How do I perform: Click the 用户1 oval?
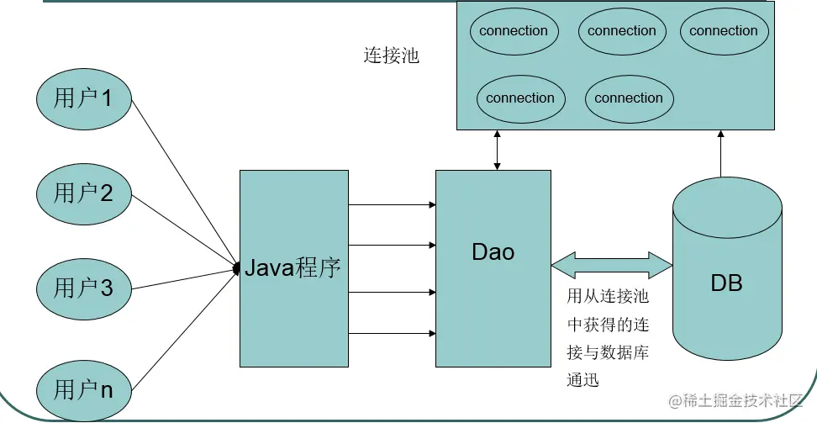click(84, 99)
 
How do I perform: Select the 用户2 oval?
click(84, 194)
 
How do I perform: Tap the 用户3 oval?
click(84, 289)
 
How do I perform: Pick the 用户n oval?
click(84, 390)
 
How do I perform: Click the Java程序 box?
click(294, 268)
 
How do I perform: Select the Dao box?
click(493, 268)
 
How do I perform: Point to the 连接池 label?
click(391, 56)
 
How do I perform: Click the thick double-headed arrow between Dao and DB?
click(612, 266)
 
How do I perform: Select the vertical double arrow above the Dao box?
click(497, 151)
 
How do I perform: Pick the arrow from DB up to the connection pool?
click(721, 154)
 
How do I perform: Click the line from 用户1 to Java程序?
click(184, 184)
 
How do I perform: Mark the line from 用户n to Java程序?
click(184, 330)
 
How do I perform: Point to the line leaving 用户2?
click(184, 231)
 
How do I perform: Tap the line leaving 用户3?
click(184, 279)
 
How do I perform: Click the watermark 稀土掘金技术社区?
click(735, 400)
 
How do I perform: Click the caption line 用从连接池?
click(608, 296)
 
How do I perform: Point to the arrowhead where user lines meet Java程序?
click(235, 269)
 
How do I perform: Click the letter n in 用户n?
click(106, 391)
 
